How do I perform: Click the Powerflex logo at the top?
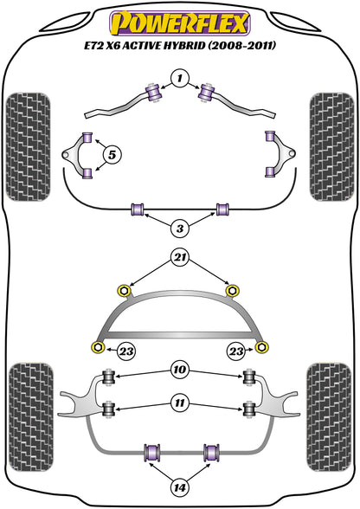[180, 23]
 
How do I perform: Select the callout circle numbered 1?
[180, 78]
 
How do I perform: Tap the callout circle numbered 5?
[112, 155]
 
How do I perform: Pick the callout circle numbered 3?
[180, 229]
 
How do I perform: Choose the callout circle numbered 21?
[180, 258]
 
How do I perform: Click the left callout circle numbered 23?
[126, 351]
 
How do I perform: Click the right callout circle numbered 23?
[236, 351]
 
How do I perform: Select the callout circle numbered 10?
[180, 370]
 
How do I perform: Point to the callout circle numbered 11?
[180, 403]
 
